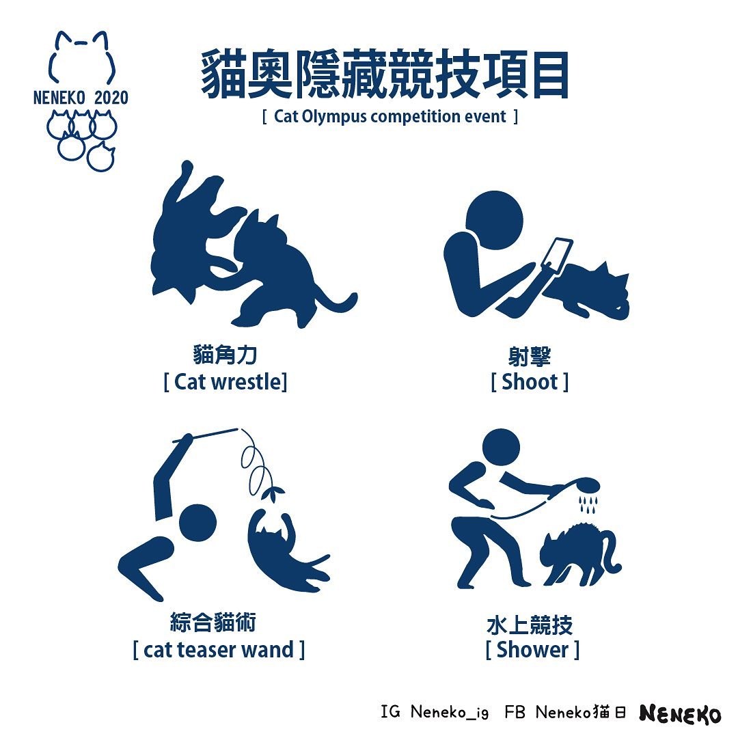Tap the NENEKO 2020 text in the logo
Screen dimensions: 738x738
[81, 98]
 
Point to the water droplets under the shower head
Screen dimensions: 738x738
[588, 504]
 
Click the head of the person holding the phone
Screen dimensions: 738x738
[494, 220]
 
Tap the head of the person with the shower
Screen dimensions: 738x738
[502, 447]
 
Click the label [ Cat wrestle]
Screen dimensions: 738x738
[225, 382]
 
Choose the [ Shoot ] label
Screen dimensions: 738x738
[530, 382]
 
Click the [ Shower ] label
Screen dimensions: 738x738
[532, 650]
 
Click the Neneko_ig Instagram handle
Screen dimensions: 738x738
[450, 712]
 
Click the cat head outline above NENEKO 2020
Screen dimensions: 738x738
[81, 57]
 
